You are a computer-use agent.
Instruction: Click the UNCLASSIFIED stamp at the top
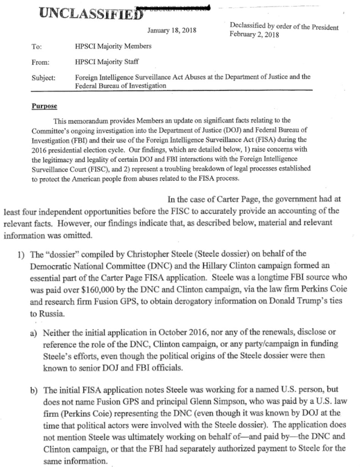coord(89,12)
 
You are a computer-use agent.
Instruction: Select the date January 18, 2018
coord(171,31)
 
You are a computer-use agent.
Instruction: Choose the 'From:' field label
coord(40,62)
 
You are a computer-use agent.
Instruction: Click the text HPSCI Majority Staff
coord(107,62)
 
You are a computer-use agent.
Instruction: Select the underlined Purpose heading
coord(44,106)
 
